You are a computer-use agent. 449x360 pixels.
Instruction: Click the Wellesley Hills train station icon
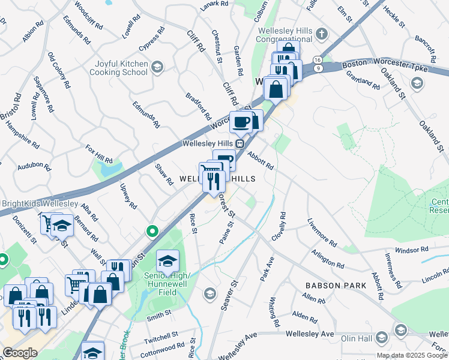pos(240,143)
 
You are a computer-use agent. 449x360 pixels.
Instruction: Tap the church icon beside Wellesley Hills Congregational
pos(322,33)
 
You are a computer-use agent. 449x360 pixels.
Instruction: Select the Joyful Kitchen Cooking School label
pos(118,68)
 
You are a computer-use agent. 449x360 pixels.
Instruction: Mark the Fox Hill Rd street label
pos(99,154)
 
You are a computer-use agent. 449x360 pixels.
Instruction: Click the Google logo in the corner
pos(20,353)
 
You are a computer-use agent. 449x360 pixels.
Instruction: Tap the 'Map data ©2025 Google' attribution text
pos(412,355)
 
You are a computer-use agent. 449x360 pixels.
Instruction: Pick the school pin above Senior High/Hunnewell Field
pos(167,260)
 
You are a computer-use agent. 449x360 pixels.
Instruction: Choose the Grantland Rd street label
pos(363,80)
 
